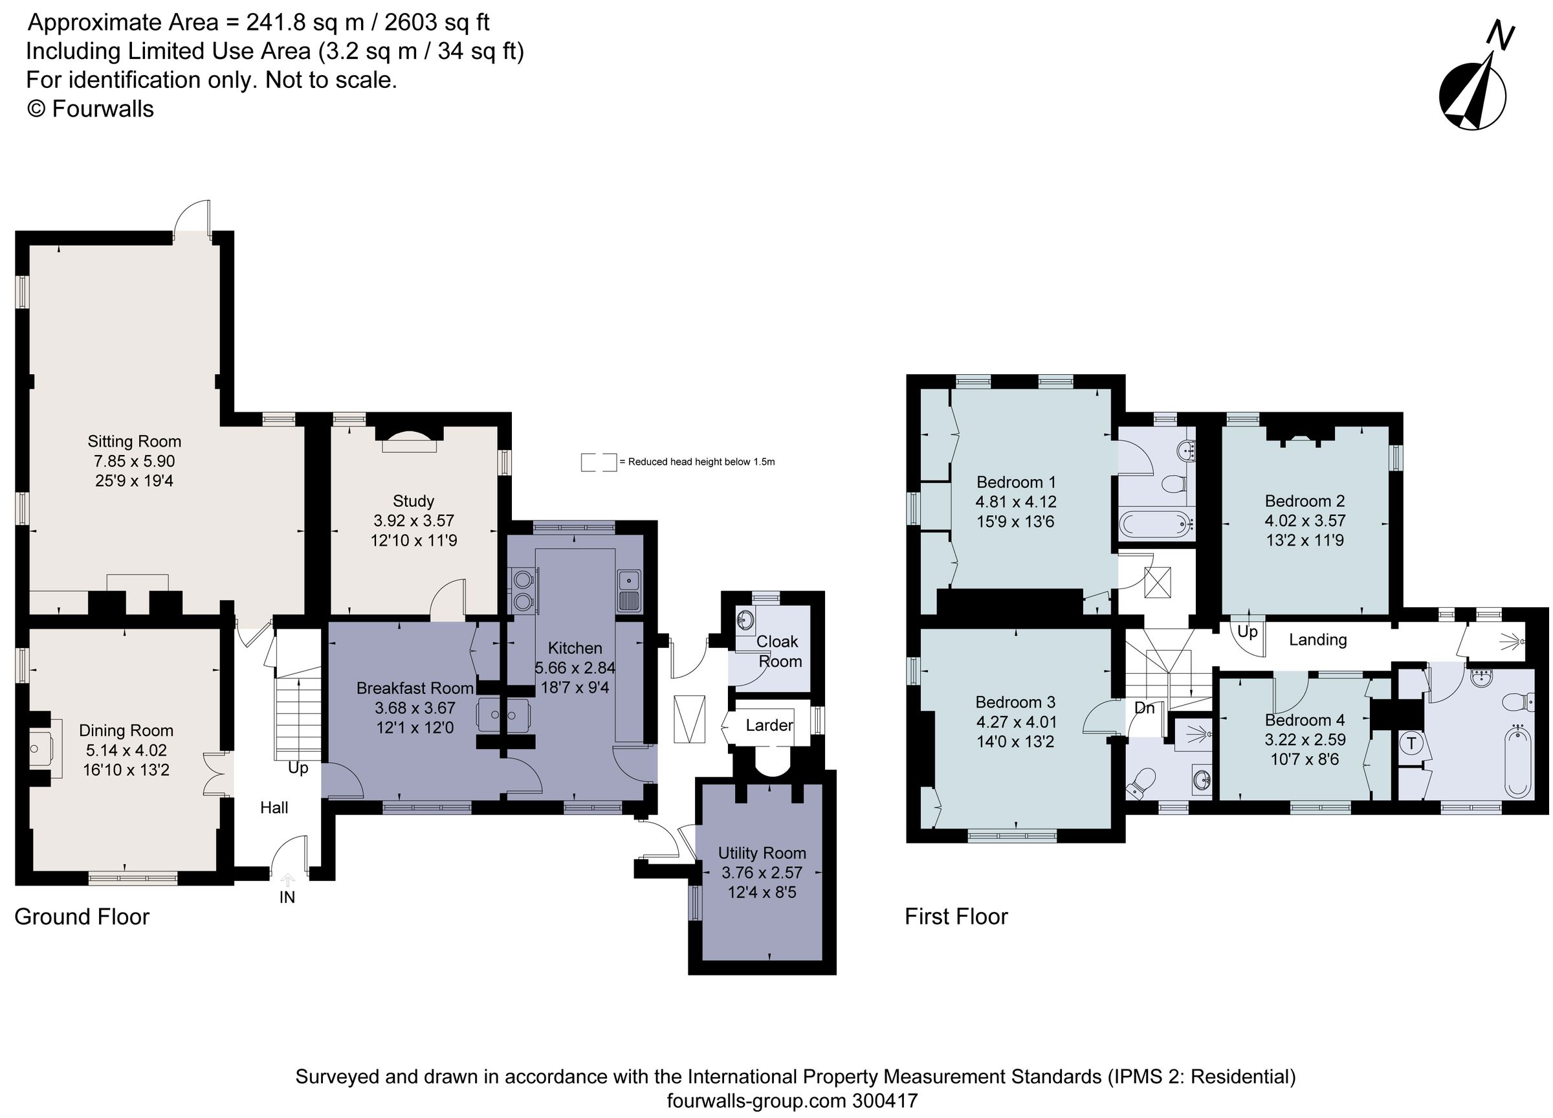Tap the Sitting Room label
tap(134, 441)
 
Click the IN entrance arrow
tap(287, 881)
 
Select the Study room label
tap(413, 501)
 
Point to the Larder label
tap(769, 726)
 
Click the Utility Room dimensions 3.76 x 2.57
tap(762, 873)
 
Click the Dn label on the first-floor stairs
tap(1144, 708)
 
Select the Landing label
tap(1317, 640)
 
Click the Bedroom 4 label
tap(1305, 720)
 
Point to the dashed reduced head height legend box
tap(599, 462)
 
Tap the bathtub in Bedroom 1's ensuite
tap(1156, 525)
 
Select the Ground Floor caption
tap(82, 917)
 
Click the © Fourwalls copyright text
tap(90, 109)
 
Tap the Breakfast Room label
tap(414, 688)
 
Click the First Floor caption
tap(956, 917)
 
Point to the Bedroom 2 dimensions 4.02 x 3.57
tap(1305, 520)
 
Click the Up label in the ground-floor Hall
tap(298, 768)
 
